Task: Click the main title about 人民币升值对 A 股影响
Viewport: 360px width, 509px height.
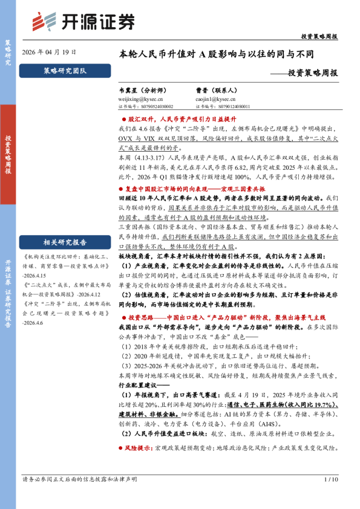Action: pos(217,54)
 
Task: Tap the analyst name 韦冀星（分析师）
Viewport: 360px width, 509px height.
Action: pos(143,89)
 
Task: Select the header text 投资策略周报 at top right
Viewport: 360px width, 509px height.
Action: pos(319,36)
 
